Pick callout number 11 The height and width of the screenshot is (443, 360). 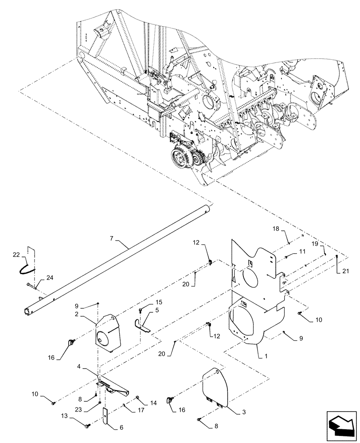point(302,251)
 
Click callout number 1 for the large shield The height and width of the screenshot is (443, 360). point(258,356)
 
